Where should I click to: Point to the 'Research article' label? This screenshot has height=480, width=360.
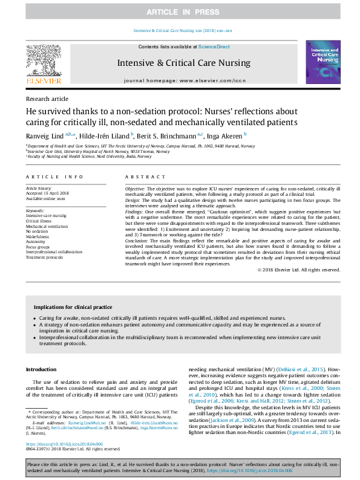[x=47, y=99]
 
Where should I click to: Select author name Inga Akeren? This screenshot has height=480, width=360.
[x=224, y=135]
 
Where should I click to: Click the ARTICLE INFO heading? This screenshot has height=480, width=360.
[x=54, y=177]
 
